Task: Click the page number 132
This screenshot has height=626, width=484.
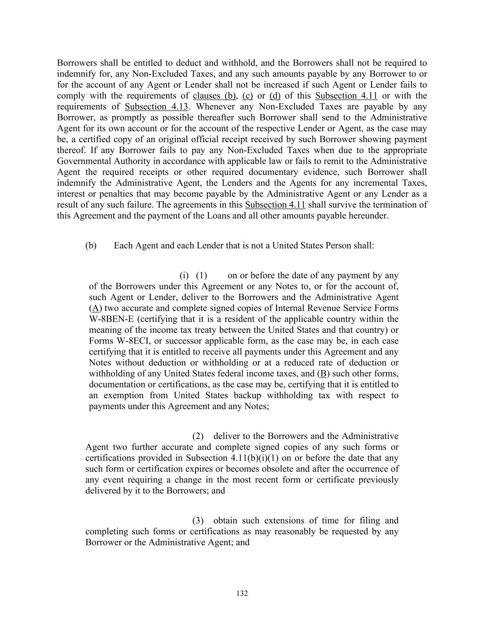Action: coord(242,593)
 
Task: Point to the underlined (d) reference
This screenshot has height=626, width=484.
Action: coord(275,96)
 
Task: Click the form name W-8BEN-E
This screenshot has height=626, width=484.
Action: coord(111,319)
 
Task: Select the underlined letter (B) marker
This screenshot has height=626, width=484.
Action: coord(323,374)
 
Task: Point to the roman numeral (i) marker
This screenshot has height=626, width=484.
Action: coord(184,276)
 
